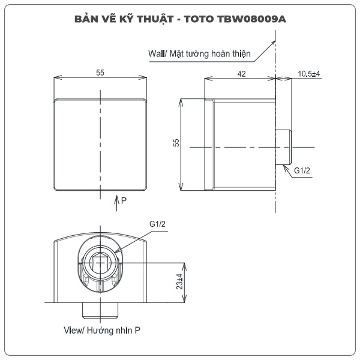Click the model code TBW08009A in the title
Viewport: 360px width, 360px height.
pos(251,19)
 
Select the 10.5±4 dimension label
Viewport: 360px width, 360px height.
pos(309,73)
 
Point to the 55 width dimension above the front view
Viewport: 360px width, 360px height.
pos(100,72)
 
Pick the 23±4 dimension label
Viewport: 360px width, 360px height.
pos(178,281)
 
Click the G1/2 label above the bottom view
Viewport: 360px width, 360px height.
pos(157,224)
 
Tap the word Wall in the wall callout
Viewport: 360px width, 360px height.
pos(157,53)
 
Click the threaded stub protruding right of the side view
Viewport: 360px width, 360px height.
pos(284,146)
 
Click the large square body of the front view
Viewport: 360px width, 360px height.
pos(100,144)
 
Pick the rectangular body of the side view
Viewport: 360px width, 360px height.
pos(240,144)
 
